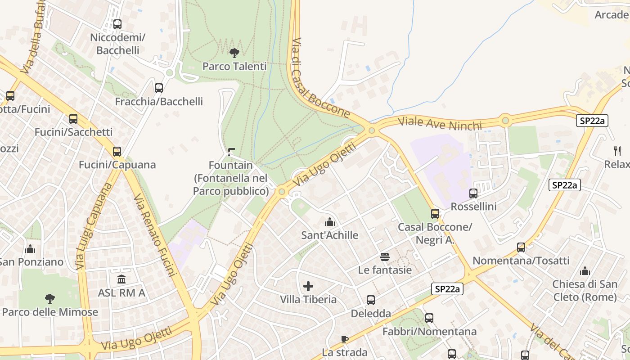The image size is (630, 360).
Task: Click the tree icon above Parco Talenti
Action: (234, 53)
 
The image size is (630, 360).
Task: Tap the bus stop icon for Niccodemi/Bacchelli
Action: (117, 24)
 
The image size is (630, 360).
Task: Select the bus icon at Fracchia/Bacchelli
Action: (159, 88)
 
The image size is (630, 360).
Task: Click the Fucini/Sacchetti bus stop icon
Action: (73, 119)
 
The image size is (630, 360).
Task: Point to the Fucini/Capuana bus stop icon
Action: (117, 152)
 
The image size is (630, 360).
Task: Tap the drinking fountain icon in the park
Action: (231, 152)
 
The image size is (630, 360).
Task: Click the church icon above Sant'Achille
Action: (330, 222)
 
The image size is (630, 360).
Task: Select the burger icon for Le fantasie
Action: (385, 257)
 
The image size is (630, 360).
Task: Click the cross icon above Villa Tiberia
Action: (308, 286)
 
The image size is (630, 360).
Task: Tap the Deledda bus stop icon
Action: (371, 300)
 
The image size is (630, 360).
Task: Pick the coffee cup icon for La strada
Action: (345, 339)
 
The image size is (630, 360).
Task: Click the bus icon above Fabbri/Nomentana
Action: (429, 318)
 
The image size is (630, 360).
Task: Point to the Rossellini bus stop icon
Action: (473, 193)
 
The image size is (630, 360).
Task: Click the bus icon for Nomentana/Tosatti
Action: (521, 247)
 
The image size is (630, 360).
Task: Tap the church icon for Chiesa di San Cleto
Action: (585, 271)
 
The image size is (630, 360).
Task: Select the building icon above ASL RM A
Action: (121, 279)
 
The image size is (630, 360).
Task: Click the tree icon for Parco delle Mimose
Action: (50, 299)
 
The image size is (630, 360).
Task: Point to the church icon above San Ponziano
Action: (30, 248)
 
